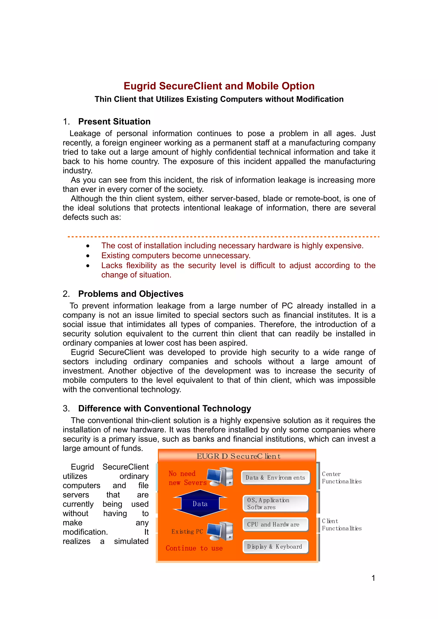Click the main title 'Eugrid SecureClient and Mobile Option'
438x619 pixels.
(x=219, y=86)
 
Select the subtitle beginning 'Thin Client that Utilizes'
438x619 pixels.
(x=219, y=99)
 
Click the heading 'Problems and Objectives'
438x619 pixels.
(x=131, y=294)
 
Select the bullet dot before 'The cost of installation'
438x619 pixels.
(x=88, y=246)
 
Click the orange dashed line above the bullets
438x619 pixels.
(x=223, y=237)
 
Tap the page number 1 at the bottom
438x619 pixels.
(x=373, y=578)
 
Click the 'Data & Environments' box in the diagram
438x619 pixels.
(x=275, y=478)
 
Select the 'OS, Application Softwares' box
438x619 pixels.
(x=275, y=503)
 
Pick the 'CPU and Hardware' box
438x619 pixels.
(x=275, y=524)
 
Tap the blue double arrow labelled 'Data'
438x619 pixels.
(x=200, y=504)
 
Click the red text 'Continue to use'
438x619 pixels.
(x=194, y=548)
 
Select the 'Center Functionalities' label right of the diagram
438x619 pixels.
(x=341, y=478)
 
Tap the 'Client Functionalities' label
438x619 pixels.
(x=341, y=525)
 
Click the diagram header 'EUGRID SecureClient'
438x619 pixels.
(x=238, y=456)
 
